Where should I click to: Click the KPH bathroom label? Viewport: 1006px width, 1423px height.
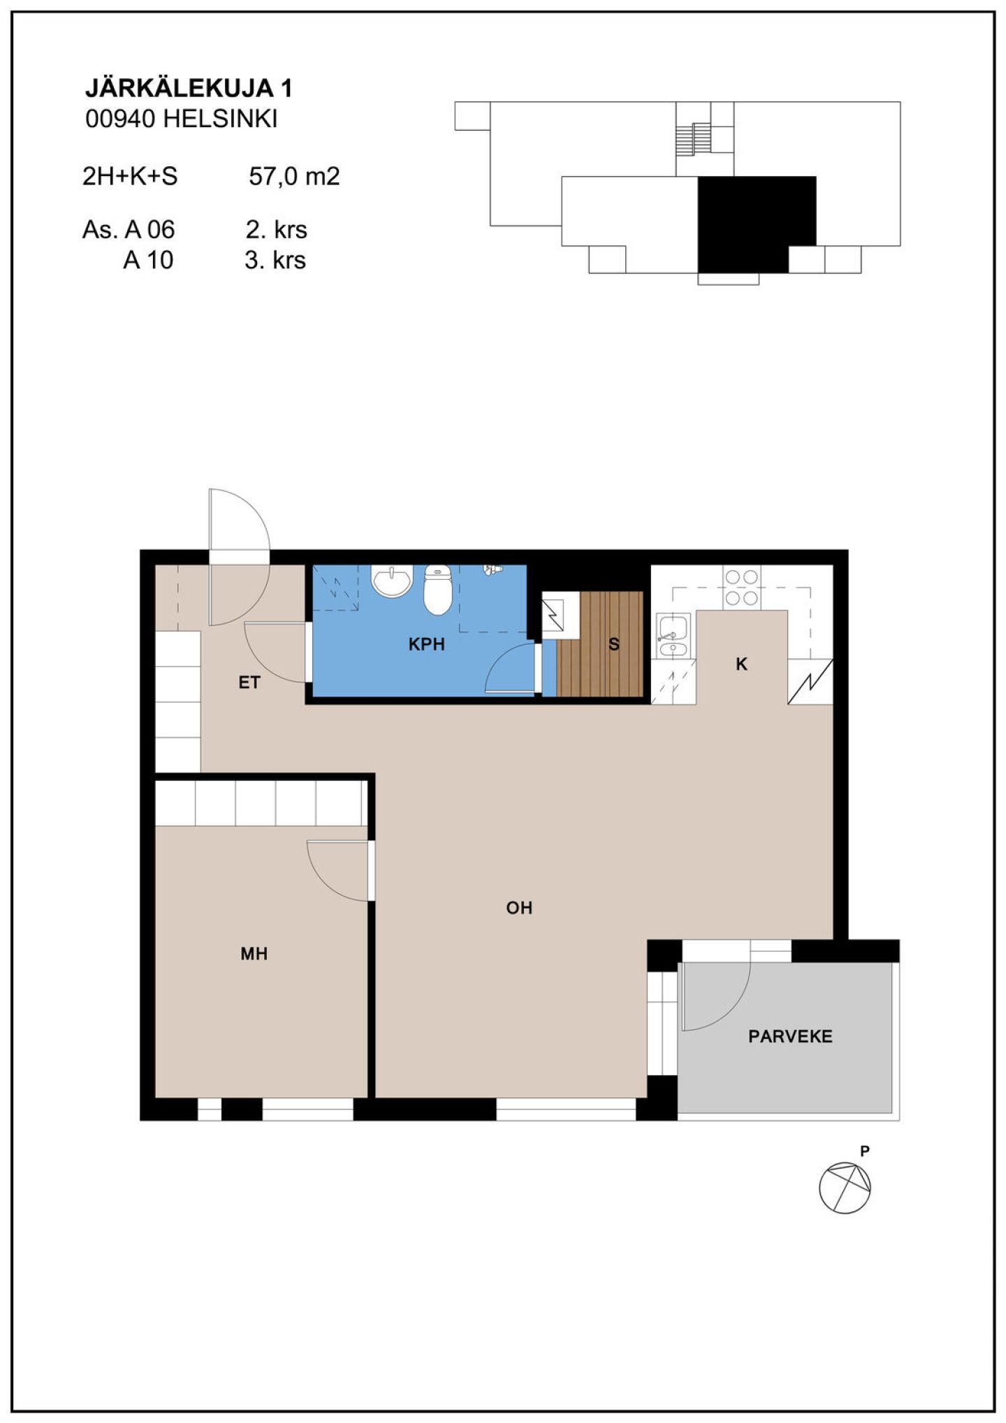426,644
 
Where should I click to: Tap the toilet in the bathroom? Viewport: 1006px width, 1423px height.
438,590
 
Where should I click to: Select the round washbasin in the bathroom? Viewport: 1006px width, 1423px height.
392,581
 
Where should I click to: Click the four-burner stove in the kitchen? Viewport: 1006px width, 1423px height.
741,588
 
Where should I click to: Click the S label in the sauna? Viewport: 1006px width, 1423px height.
614,644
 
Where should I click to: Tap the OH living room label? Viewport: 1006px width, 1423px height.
519,907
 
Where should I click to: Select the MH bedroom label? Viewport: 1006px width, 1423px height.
254,954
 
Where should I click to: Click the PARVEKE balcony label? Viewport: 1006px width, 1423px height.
790,1036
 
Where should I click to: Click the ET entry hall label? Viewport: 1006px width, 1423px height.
249,683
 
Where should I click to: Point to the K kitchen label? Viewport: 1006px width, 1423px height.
741,664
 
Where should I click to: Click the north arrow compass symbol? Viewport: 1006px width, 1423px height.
845,1187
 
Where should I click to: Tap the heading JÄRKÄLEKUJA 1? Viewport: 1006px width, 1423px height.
189,88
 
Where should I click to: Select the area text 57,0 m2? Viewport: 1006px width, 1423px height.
294,176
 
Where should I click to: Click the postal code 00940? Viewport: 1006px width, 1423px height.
120,119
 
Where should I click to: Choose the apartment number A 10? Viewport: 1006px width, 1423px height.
148,260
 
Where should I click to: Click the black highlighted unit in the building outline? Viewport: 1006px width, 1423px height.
757,224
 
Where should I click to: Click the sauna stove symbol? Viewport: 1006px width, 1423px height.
553,615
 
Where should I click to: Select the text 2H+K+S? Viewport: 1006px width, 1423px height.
130,176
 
